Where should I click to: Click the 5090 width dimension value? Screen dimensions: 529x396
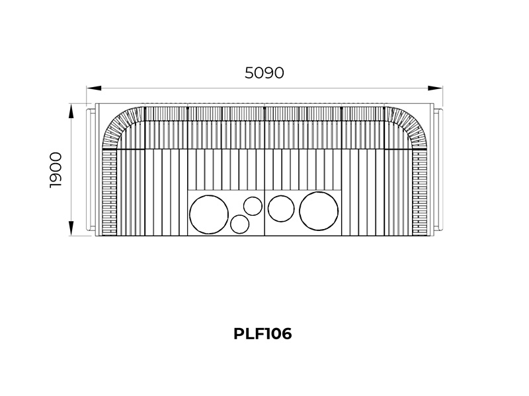click(x=264, y=73)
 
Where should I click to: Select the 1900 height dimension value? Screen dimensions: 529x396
click(x=56, y=170)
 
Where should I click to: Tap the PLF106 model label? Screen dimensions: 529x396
click(x=263, y=334)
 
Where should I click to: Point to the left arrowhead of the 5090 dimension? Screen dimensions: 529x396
click(x=94, y=88)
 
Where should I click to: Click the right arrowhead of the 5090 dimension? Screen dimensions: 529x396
click(x=436, y=88)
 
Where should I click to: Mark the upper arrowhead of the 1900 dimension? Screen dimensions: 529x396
click(x=71, y=111)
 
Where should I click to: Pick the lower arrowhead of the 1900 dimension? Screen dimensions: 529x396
click(x=71, y=228)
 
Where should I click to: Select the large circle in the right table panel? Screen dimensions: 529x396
click(x=319, y=211)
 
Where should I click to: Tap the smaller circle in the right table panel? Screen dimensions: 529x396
click(x=281, y=209)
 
